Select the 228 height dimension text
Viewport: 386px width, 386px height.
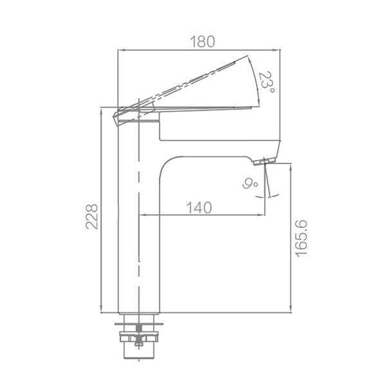pyautogui.click(x=92, y=216)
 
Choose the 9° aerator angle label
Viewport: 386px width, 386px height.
pyautogui.click(x=250, y=184)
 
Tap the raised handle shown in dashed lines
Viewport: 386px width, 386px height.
pyautogui.click(x=193, y=81)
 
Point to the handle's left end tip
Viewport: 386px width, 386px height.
pyautogui.click(x=116, y=116)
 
